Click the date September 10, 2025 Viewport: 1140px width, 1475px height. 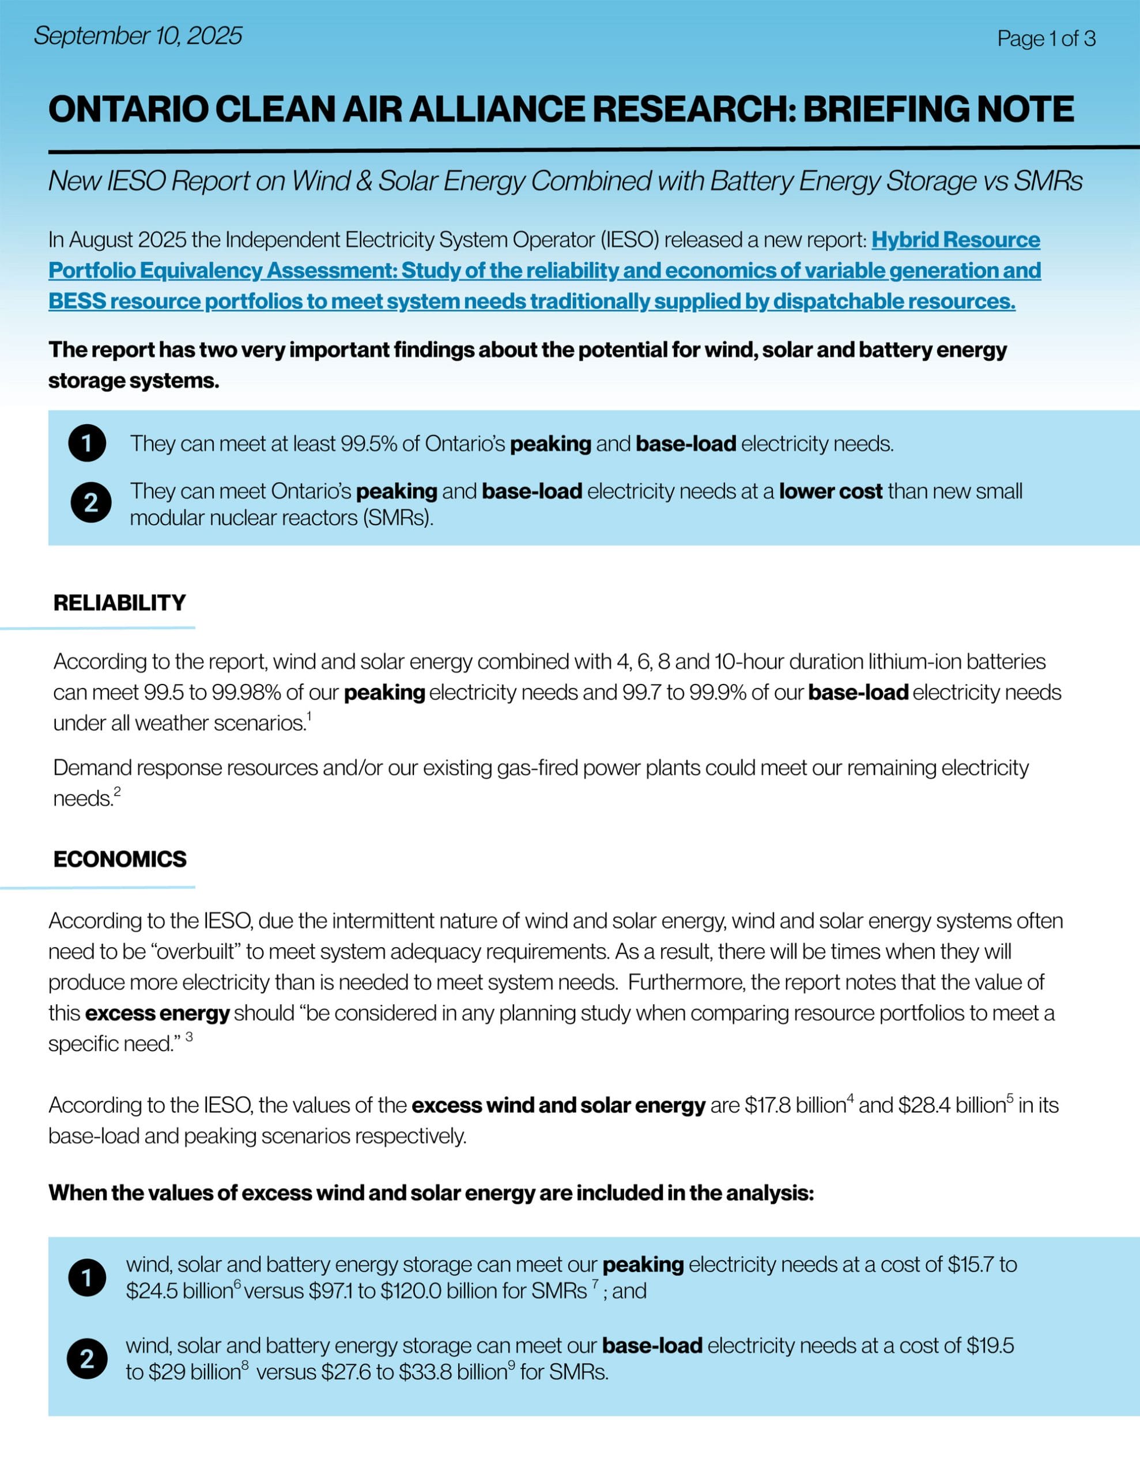138,36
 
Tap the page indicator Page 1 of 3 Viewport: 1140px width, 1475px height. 1045,39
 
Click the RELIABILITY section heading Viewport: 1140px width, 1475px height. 120,603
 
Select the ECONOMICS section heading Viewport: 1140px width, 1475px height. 120,859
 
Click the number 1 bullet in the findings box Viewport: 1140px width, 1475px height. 87,444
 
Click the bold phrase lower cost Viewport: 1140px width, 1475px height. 830,491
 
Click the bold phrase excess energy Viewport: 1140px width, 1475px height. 157,1013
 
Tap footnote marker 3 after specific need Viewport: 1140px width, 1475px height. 189,1036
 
